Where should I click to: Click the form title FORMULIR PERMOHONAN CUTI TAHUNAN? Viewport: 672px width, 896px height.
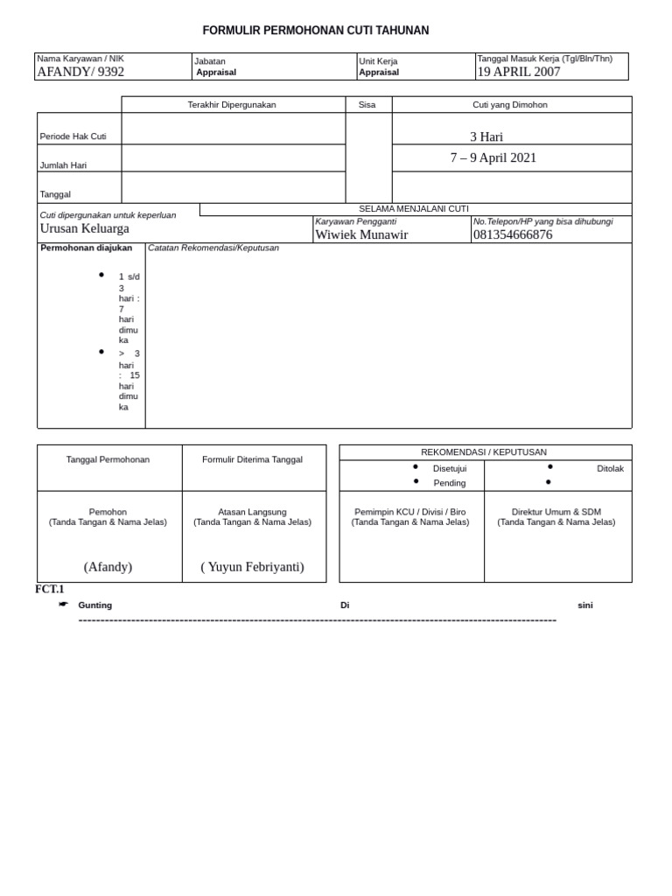pyautogui.click(x=316, y=31)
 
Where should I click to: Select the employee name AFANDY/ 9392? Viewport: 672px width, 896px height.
pyautogui.click(x=80, y=72)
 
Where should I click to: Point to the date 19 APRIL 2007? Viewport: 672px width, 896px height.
pyautogui.click(x=518, y=72)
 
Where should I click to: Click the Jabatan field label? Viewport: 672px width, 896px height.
pyautogui.click(x=210, y=61)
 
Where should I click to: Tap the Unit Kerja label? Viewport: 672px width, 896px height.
pyautogui.click(x=378, y=61)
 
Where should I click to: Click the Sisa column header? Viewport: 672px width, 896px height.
pyautogui.click(x=367, y=105)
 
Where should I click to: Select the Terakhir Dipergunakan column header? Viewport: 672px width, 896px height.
pyautogui.click(x=232, y=105)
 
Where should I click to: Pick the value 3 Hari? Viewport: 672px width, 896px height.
pyautogui.click(x=486, y=136)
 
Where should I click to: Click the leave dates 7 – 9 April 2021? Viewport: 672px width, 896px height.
pyautogui.click(x=493, y=158)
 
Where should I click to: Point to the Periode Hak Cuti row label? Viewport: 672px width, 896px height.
pyautogui.click(x=73, y=137)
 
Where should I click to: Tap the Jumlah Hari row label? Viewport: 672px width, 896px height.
pyautogui.click(x=63, y=165)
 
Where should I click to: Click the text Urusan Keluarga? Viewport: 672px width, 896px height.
pyautogui.click(x=85, y=228)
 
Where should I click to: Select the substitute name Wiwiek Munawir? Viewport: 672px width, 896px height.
pyautogui.click(x=361, y=234)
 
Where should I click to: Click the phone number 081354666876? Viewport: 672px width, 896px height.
pyautogui.click(x=513, y=234)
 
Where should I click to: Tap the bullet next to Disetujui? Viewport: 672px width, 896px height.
pyautogui.click(x=416, y=467)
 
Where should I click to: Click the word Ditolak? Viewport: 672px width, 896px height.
pyautogui.click(x=610, y=468)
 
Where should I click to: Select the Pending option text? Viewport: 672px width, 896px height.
pyautogui.click(x=450, y=483)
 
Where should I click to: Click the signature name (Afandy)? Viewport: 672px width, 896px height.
pyautogui.click(x=108, y=567)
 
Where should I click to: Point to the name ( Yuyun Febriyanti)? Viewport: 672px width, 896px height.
pyautogui.click(x=252, y=567)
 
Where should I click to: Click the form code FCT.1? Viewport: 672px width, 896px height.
pyautogui.click(x=50, y=590)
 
